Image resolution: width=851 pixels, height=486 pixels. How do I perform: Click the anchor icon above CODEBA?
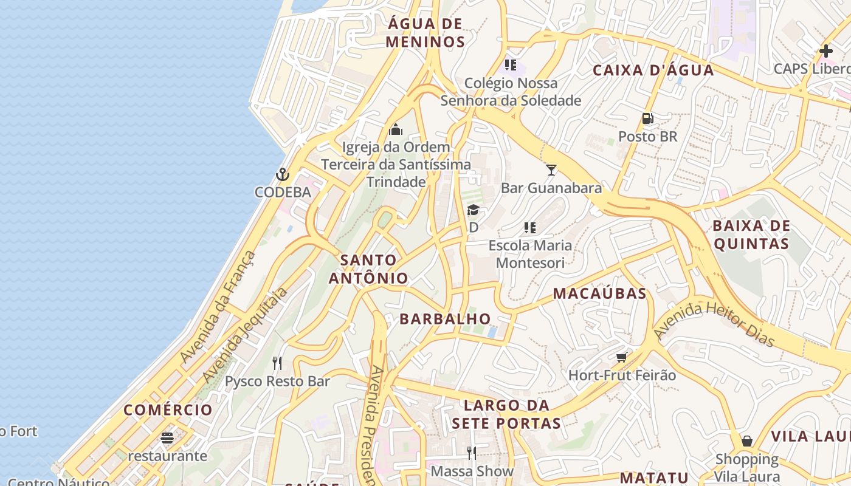tap(282, 175)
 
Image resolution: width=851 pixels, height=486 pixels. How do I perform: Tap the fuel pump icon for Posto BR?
tap(648, 118)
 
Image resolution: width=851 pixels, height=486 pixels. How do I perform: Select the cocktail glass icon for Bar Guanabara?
tap(551, 169)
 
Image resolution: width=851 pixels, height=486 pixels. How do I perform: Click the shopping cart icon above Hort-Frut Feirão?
tap(621, 357)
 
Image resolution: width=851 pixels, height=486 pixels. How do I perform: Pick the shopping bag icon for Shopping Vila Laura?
tap(747, 440)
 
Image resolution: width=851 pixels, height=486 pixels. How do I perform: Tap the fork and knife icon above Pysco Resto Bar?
tap(277, 363)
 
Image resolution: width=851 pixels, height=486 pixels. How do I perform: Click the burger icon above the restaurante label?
tap(167, 437)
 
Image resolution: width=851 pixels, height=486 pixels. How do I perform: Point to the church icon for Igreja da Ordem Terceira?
tap(396, 129)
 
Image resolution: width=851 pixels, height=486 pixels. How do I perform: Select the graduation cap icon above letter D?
tap(473, 210)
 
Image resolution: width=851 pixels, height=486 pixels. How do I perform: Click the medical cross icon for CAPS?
tap(825, 51)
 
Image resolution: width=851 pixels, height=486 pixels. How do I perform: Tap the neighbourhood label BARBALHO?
tap(445, 319)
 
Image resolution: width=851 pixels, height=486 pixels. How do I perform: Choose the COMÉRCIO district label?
tap(168, 409)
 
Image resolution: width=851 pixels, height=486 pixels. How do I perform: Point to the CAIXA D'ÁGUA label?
tap(653, 70)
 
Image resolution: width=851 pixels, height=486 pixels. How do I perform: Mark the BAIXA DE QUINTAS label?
tap(751, 234)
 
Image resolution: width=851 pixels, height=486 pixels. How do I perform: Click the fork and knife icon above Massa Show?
tap(471, 453)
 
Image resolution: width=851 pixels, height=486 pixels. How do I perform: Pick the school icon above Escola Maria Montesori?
tap(529, 228)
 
